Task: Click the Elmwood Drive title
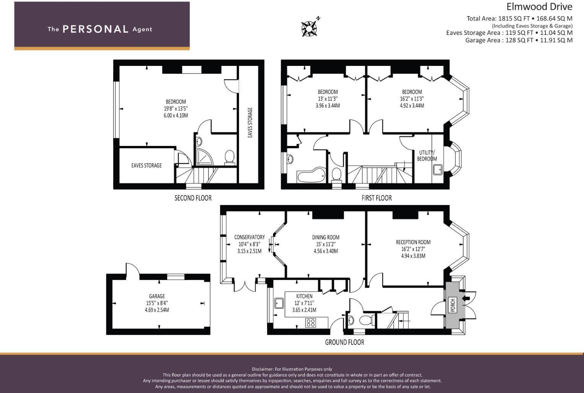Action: tap(539, 7)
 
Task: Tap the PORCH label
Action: tap(453, 305)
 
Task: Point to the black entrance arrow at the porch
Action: tap(466, 298)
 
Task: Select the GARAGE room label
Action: tap(157, 296)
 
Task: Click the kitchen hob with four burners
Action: tap(311, 323)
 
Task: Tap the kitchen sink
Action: tap(278, 303)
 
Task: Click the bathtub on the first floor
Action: tap(311, 176)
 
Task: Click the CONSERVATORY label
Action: tap(249, 237)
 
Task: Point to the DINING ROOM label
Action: tap(325, 237)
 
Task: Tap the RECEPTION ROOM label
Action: tap(413, 242)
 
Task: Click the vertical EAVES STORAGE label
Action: tap(250, 123)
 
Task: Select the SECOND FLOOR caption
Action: tap(193, 198)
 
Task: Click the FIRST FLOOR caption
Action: tap(376, 198)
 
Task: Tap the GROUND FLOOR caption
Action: tap(344, 342)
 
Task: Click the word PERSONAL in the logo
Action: tap(95, 29)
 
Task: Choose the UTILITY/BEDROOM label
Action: tap(427, 156)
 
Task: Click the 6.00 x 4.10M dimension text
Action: tap(176, 115)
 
